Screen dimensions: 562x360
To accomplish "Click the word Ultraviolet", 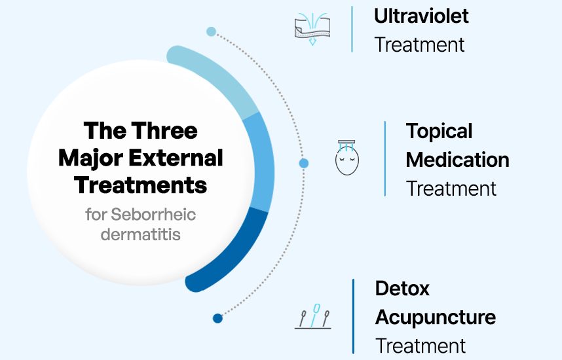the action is click(x=421, y=16).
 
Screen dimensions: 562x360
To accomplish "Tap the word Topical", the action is click(x=439, y=131).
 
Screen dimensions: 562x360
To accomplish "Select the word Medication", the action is click(x=457, y=160).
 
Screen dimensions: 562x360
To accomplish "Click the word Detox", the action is click(x=402, y=288).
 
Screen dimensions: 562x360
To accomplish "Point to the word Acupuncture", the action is click(x=435, y=317).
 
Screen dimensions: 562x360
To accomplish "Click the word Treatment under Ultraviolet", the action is click(x=419, y=45).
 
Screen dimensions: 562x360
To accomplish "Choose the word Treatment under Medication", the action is click(x=451, y=189).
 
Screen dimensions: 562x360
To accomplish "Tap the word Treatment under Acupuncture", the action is click(x=421, y=346).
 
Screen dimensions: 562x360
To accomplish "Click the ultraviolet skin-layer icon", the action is click(x=312, y=29).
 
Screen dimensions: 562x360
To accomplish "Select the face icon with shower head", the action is click(x=348, y=158).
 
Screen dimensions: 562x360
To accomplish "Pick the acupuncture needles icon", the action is click(x=312, y=316).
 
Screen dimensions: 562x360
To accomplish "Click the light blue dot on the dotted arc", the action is click(x=211, y=31).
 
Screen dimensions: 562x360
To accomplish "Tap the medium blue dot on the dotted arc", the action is click(x=303, y=163).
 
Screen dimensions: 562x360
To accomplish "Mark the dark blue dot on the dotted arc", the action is click(x=217, y=319).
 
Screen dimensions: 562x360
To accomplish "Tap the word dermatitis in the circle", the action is click(x=140, y=234).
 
